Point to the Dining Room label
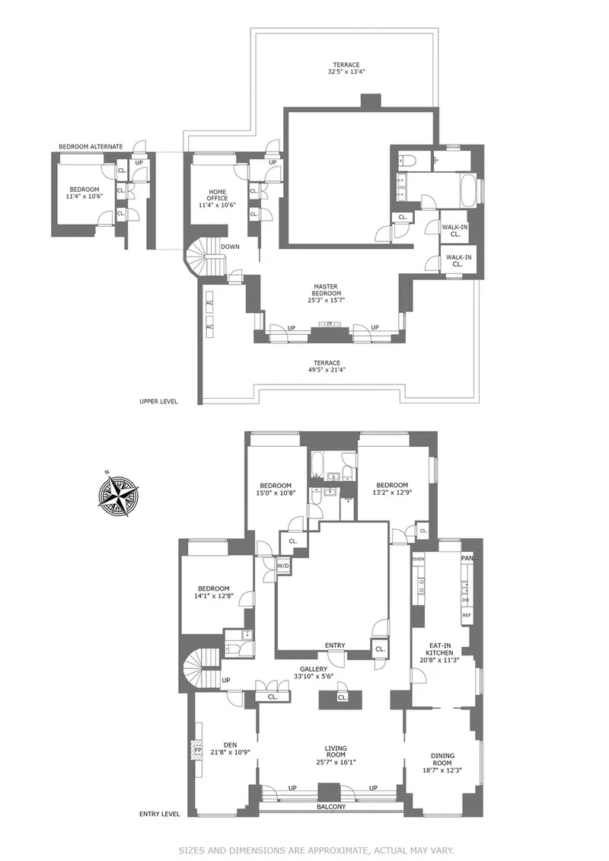point(442,762)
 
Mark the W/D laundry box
point(283,566)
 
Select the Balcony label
point(331,807)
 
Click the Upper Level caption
point(158,401)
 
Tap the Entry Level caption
point(159,813)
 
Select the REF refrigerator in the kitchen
point(467,615)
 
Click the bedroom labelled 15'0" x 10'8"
point(275,489)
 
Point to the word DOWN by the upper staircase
point(231,247)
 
